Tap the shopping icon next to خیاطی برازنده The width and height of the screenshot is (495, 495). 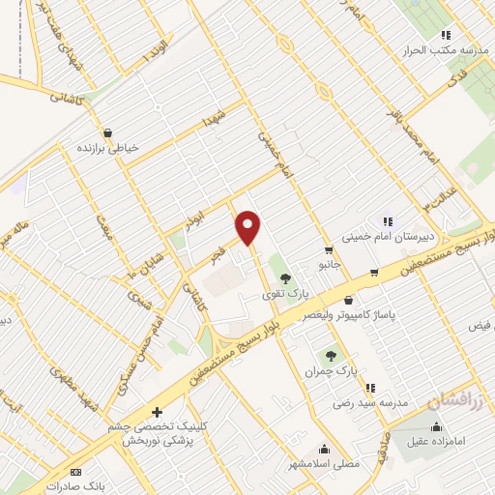coord(106,132)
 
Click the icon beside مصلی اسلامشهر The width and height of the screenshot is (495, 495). coord(324,448)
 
